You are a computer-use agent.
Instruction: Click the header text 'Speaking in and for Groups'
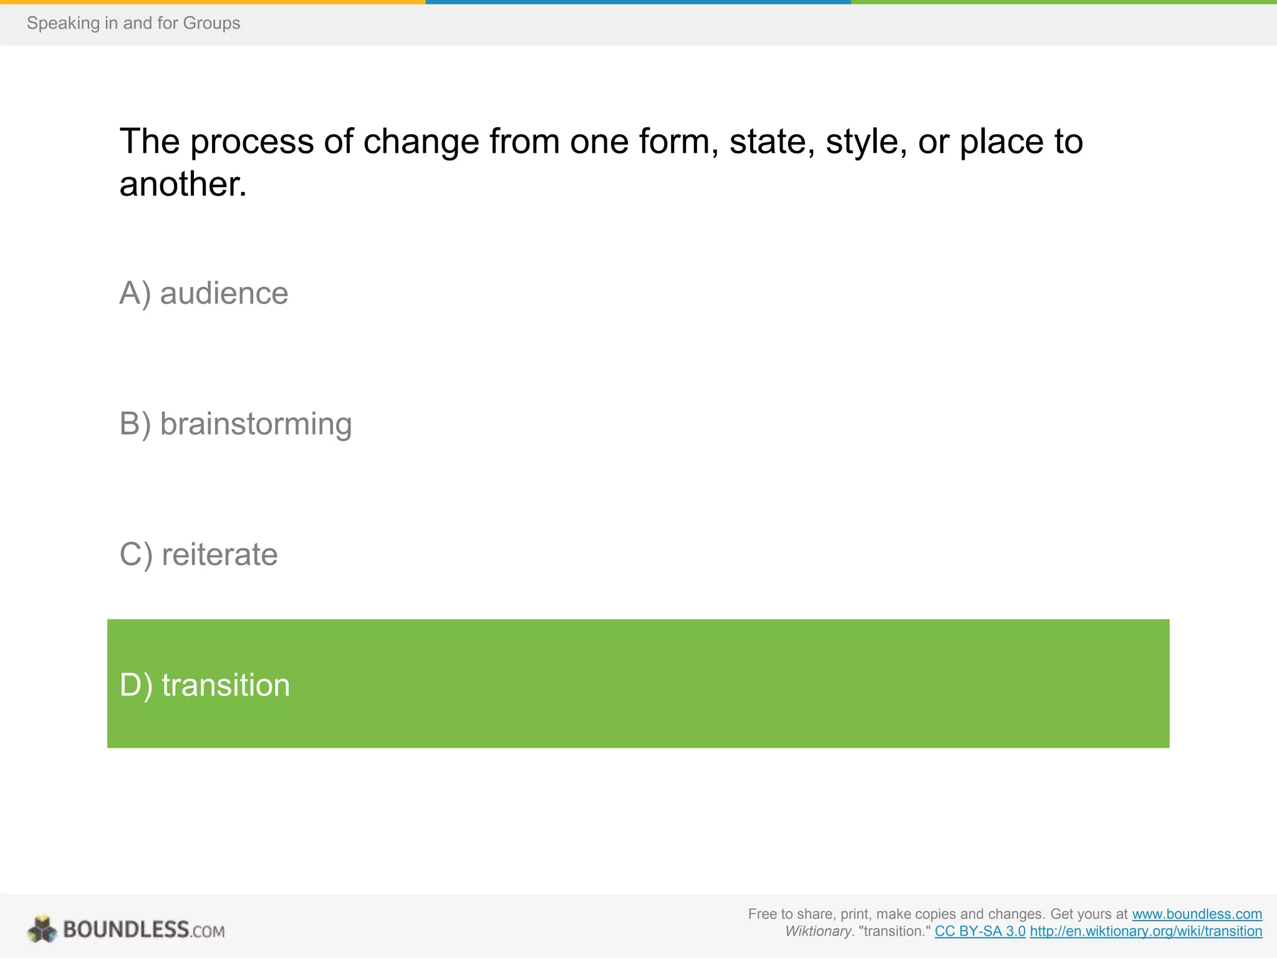[x=133, y=23]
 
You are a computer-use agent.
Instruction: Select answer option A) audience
[x=204, y=293]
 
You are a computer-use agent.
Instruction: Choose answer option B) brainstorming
[x=236, y=424]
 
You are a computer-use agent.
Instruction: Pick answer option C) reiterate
[x=198, y=554]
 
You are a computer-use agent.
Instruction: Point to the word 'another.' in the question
[x=183, y=185]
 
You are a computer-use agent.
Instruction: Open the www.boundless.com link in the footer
[x=1197, y=914]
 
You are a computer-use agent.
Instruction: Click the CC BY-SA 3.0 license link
[x=980, y=931]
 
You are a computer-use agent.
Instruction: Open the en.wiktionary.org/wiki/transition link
[x=1145, y=931]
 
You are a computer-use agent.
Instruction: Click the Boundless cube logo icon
[x=42, y=929]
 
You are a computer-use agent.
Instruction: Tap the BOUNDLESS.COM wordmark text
[x=143, y=930]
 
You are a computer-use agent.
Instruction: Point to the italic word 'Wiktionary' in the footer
[x=818, y=931]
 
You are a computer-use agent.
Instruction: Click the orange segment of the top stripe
[x=212, y=2]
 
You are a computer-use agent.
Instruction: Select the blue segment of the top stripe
[x=638, y=2]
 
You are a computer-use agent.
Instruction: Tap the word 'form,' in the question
[x=678, y=142]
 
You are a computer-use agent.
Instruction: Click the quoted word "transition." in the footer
[x=894, y=931]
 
